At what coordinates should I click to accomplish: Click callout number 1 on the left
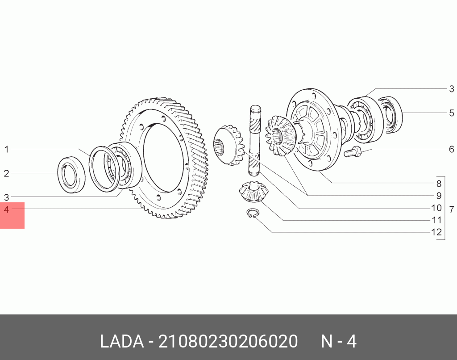6,149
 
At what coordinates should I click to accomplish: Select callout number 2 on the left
6,174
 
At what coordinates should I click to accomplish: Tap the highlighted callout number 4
6,209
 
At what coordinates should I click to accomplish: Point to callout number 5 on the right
452,113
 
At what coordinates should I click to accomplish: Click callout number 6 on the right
452,149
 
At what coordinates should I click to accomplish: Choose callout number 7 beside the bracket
452,209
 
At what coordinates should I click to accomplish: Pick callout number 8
439,184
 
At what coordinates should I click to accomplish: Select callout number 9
439,196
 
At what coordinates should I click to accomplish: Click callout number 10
436,208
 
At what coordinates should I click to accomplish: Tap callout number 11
436,220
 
